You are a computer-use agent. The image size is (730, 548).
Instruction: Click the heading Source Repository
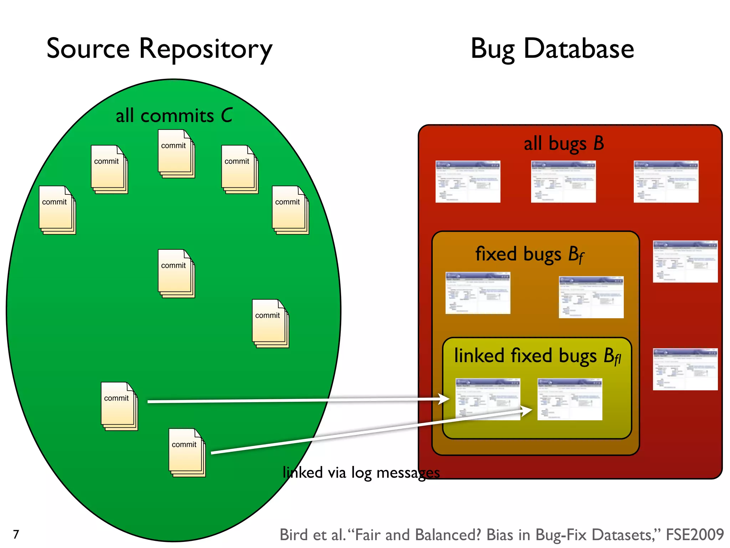pyautogui.click(x=159, y=49)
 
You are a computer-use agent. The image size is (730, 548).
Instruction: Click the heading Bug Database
pyautogui.click(x=552, y=49)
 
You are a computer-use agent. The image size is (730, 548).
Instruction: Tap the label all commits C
pyautogui.click(x=174, y=116)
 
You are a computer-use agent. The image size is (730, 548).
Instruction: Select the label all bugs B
pyautogui.click(x=564, y=143)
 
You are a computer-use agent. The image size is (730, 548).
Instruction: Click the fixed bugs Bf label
pyautogui.click(x=529, y=255)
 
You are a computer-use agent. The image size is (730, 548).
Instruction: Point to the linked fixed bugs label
pyautogui.click(x=537, y=356)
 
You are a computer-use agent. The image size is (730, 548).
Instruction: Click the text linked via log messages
pyautogui.click(x=361, y=472)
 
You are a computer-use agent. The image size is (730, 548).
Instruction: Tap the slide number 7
pyautogui.click(x=16, y=534)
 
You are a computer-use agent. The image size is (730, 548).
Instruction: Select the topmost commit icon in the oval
pyautogui.click(x=176, y=154)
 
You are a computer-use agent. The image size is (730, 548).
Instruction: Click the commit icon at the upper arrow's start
pyautogui.click(x=119, y=406)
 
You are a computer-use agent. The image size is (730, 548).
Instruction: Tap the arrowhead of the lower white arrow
pyautogui.click(x=527, y=411)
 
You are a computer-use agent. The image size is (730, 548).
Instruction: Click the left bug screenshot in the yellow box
pyautogui.click(x=488, y=399)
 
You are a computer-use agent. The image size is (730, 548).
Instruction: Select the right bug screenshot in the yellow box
pyautogui.click(x=570, y=399)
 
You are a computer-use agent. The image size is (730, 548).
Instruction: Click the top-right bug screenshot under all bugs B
pyautogui.click(x=666, y=181)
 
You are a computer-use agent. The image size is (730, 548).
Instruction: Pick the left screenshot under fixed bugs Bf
pyautogui.click(x=478, y=293)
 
